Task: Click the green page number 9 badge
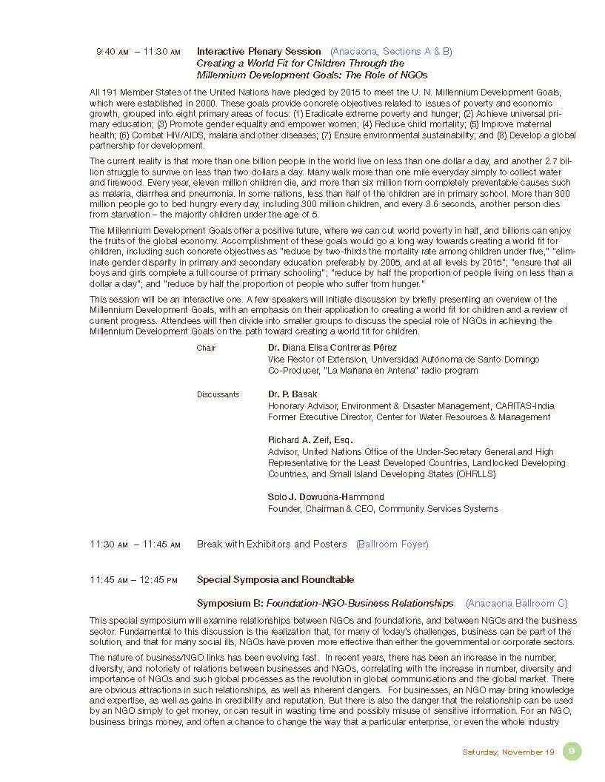pyautogui.click(x=572, y=751)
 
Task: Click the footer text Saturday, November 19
pyautogui.click(x=508, y=752)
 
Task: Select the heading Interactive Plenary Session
pyautogui.click(x=258, y=52)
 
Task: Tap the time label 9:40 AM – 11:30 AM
pyautogui.click(x=138, y=52)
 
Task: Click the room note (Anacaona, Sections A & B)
pyautogui.click(x=391, y=52)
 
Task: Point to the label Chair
pyautogui.click(x=206, y=348)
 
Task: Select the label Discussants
pyautogui.click(x=218, y=394)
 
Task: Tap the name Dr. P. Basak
pyautogui.click(x=293, y=394)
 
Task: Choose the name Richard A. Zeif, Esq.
pyautogui.click(x=310, y=440)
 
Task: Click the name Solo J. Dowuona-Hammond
pyautogui.click(x=326, y=496)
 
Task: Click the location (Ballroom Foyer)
pyautogui.click(x=392, y=545)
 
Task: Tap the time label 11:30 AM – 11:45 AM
pyautogui.click(x=135, y=545)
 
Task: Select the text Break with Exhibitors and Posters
pyautogui.click(x=271, y=545)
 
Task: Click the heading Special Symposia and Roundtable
pyautogui.click(x=275, y=580)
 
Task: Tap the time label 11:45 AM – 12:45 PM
pyautogui.click(x=134, y=580)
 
